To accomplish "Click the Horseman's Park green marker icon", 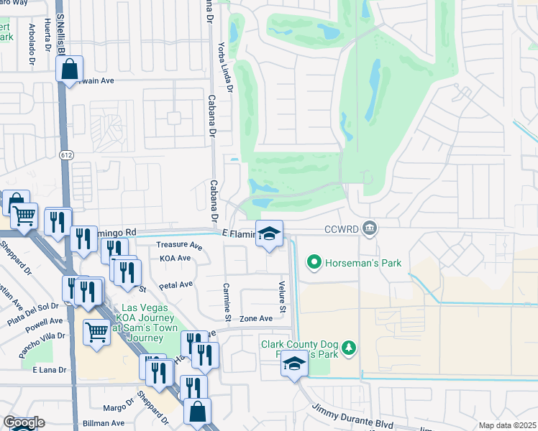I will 314,263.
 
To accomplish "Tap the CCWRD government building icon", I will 370,229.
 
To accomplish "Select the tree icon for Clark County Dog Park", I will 350,348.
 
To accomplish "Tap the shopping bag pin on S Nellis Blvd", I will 70,70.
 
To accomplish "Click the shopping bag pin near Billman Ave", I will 198,412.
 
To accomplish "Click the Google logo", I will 23,423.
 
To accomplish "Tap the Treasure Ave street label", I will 179,245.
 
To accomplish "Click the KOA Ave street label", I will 175,258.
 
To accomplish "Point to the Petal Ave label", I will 175,284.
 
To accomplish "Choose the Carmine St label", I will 227,302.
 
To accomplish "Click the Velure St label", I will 283,299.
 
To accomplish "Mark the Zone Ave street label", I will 256,318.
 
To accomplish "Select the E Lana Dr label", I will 49,369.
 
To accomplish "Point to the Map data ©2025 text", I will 507,425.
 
